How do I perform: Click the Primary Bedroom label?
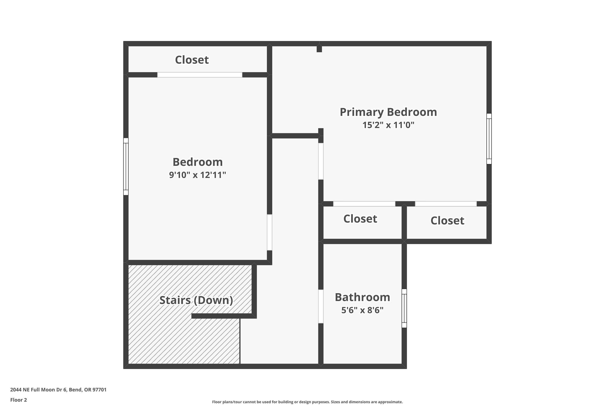pos(388,112)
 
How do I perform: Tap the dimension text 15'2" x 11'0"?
pos(388,125)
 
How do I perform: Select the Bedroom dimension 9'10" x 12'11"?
pos(197,175)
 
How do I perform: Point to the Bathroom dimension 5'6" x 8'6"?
pos(362,310)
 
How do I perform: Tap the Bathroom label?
pos(362,297)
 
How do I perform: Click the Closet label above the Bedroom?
pos(192,60)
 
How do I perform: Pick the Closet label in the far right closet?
pos(447,221)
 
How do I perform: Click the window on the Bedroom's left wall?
pos(126,166)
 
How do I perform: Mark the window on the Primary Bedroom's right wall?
pos(489,139)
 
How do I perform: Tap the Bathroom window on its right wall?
pos(404,308)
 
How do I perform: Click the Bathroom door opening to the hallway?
pos(321,306)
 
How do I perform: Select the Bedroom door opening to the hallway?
pos(269,232)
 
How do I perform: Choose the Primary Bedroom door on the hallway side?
pos(321,161)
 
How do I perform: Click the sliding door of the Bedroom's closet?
pos(199,75)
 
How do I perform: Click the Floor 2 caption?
pos(19,400)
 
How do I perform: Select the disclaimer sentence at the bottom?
pos(307,402)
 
